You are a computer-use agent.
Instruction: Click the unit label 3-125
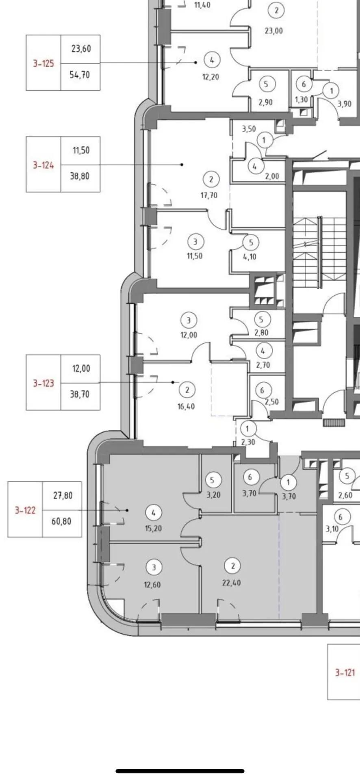click(43, 63)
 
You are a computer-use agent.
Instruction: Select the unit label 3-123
click(43, 383)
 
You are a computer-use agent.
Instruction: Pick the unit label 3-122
click(25, 510)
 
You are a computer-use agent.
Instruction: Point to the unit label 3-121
click(345, 673)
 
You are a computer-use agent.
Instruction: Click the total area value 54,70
click(80, 75)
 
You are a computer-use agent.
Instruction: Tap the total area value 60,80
click(62, 521)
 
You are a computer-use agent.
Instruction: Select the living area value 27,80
click(63, 496)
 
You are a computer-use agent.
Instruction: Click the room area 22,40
click(231, 583)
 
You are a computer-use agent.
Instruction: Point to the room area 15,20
click(153, 529)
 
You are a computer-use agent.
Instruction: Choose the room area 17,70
click(209, 195)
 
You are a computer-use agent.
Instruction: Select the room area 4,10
click(249, 257)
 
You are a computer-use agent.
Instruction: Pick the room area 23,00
click(273, 30)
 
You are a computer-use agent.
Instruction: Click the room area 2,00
click(272, 176)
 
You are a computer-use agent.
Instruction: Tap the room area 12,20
click(210, 76)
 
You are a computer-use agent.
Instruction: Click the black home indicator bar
click(180, 759)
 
